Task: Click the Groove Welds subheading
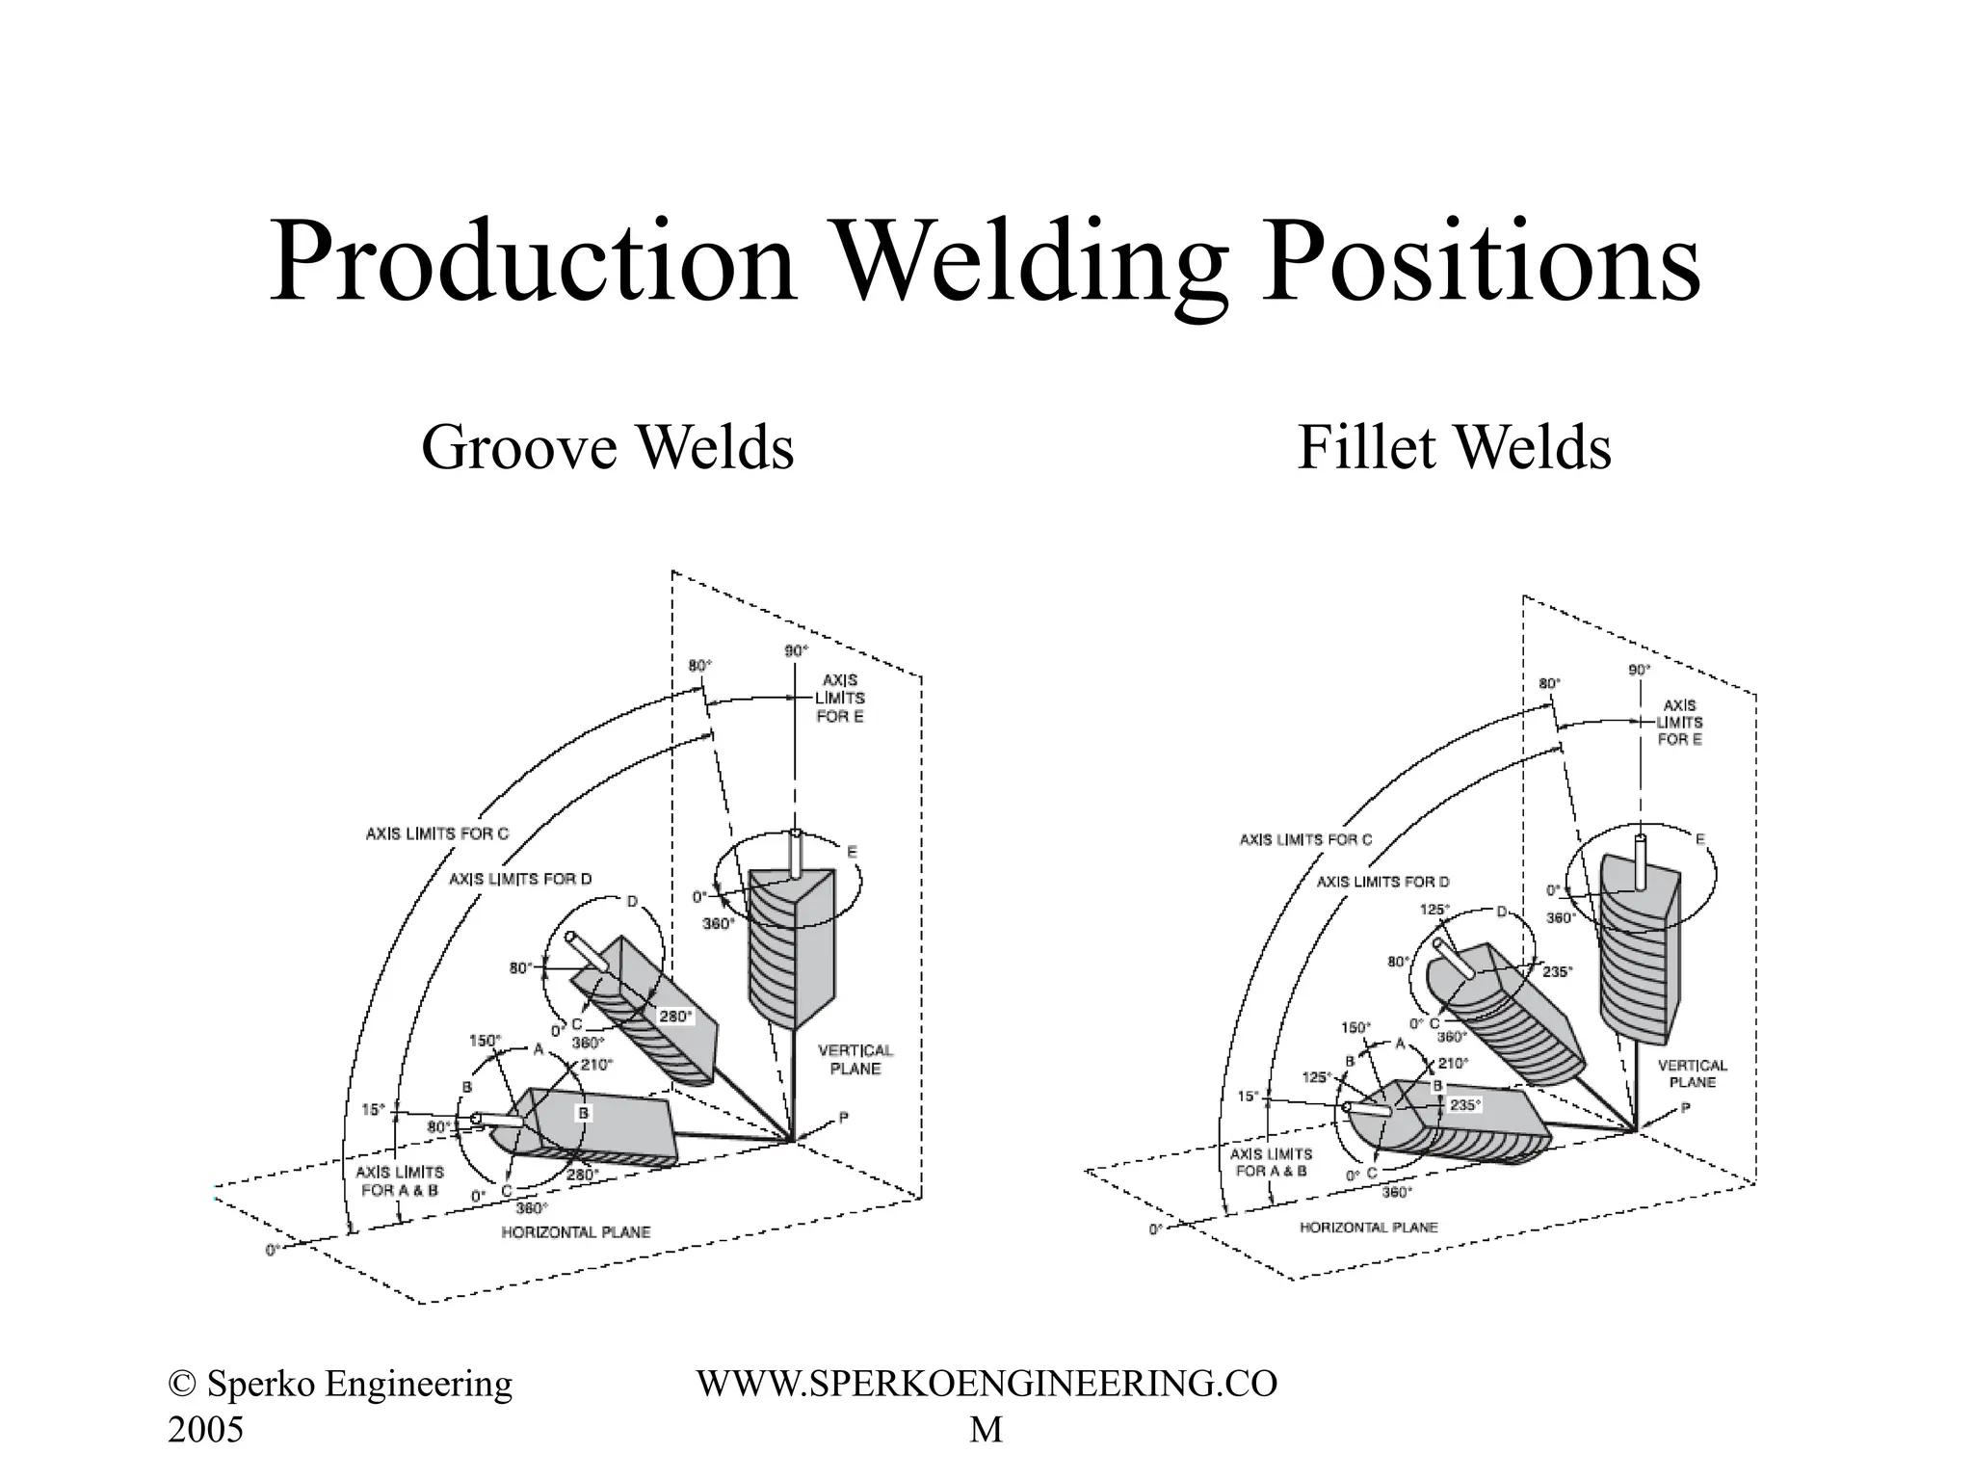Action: (x=607, y=448)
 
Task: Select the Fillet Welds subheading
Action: (x=1454, y=448)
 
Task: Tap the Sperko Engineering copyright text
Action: (x=339, y=1385)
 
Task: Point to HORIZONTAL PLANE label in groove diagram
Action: (x=575, y=1231)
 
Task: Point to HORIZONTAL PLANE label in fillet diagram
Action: (x=1368, y=1228)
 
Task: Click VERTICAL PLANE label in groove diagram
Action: (x=855, y=1059)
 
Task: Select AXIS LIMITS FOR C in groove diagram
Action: (x=436, y=833)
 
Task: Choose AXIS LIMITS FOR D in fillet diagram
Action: (x=1382, y=882)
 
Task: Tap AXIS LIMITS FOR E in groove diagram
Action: (x=839, y=698)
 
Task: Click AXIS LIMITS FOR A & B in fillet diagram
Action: (x=1271, y=1162)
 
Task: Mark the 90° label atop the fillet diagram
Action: (x=1639, y=670)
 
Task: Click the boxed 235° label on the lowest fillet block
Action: (x=1464, y=1105)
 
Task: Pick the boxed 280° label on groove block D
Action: (x=674, y=1016)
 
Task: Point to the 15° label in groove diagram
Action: (x=373, y=1109)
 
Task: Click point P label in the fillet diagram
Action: (x=1685, y=1108)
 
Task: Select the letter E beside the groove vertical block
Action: (x=852, y=852)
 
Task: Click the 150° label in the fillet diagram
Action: (x=1355, y=1027)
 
